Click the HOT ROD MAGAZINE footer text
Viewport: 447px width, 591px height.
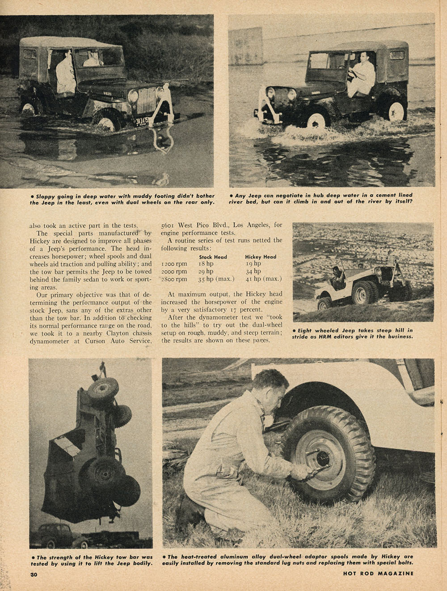(x=381, y=573)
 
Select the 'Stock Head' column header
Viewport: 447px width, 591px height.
(x=213, y=257)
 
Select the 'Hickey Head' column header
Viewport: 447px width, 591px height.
(x=261, y=257)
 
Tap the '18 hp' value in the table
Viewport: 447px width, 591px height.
(x=206, y=264)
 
